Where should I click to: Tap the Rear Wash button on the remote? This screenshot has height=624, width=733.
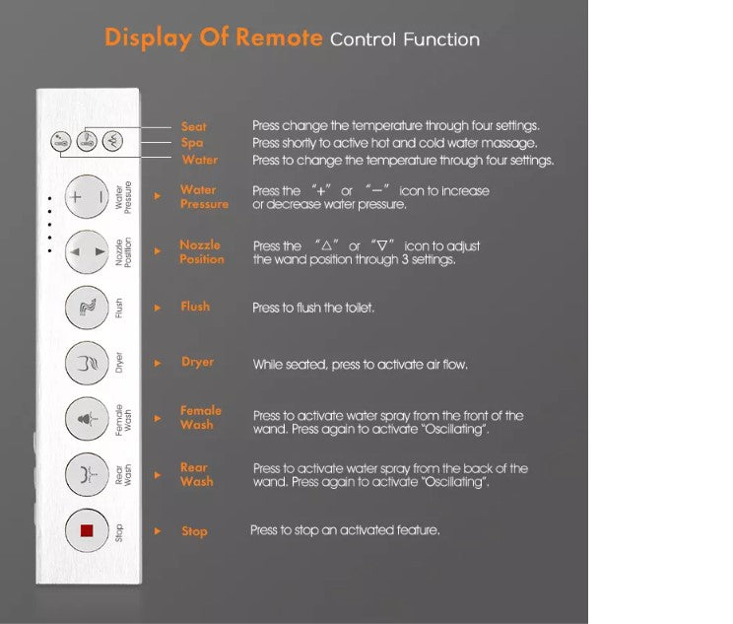[87, 474]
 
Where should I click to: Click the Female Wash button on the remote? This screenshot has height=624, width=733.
[87, 419]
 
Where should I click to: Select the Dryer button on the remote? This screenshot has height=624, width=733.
[87, 363]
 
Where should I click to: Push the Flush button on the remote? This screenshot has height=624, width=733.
[87, 308]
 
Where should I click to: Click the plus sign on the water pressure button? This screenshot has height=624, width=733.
[75, 197]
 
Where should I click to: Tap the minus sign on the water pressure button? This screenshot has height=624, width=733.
[100, 197]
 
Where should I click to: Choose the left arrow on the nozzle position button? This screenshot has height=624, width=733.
[74, 251]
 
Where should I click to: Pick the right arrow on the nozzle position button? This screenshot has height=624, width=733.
[100, 251]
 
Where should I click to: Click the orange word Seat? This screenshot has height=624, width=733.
[193, 127]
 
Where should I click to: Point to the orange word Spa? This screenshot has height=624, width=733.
[192, 143]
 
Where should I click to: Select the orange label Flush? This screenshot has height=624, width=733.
[195, 307]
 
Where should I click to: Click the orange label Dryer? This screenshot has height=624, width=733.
[198, 362]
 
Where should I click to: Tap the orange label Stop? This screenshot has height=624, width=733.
[194, 531]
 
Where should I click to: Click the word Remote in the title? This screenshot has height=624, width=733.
[279, 37]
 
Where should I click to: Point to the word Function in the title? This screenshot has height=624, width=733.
[441, 39]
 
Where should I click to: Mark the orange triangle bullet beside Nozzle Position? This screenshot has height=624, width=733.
[158, 251]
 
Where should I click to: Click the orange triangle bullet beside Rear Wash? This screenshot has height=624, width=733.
[158, 475]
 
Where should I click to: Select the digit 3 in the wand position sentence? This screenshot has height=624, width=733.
[405, 259]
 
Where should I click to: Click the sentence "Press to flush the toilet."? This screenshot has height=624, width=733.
[313, 308]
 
